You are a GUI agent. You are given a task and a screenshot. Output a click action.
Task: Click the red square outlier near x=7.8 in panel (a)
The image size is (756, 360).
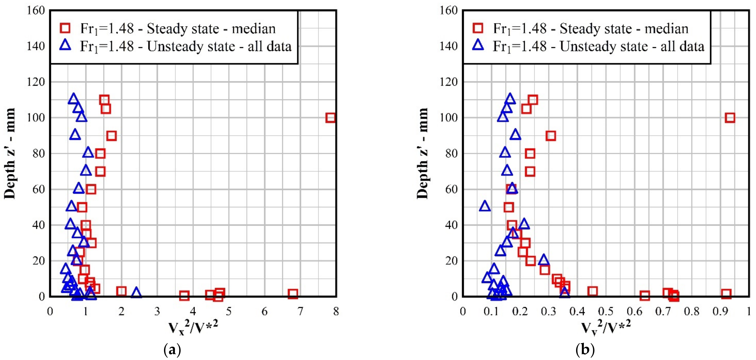[330, 118]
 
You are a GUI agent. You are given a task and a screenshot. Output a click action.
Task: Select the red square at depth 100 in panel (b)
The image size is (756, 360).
[730, 118]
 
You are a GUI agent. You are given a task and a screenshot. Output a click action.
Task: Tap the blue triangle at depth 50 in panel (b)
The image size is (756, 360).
[485, 206]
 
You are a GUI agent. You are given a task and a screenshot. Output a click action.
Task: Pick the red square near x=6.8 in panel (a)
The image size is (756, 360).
[293, 293]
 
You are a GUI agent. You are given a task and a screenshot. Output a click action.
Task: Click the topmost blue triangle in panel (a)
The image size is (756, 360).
[73, 99]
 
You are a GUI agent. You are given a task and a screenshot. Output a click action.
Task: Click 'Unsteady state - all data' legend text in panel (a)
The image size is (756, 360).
[219, 46]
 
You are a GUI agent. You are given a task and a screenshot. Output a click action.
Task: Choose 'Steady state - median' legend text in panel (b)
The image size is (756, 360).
[624, 28]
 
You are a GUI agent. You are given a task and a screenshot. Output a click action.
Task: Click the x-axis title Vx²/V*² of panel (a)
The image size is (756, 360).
[193, 328]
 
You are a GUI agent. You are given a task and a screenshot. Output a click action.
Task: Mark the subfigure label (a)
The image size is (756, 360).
[172, 350]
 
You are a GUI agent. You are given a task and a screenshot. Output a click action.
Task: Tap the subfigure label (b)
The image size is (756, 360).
[585, 350]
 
